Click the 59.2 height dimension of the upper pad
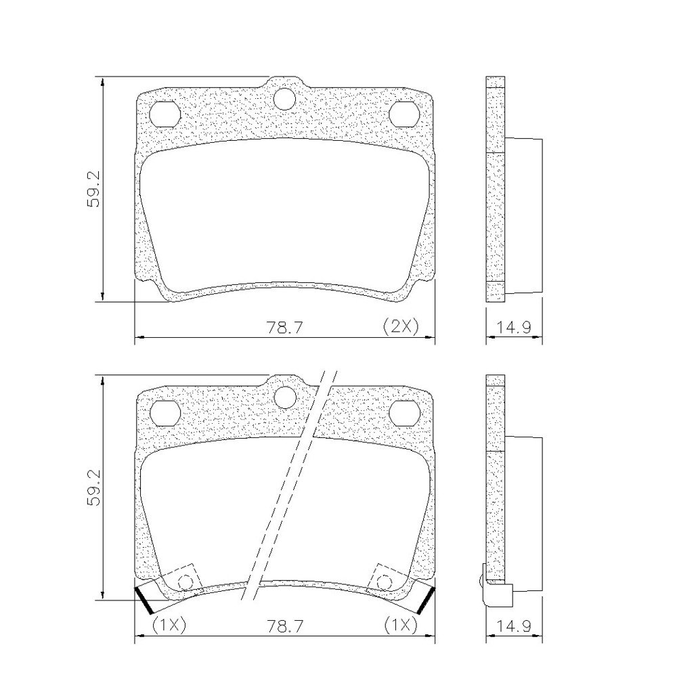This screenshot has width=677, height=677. pyautogui.click(x=93, y=189)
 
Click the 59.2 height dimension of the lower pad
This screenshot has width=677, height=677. pyautogui.click(x=93, y=487)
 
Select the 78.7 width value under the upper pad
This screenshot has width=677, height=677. pyautogui.click(x=284, y=328)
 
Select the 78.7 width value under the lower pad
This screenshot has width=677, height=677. pyautogui.click(x=284, y=626)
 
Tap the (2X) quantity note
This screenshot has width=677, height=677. pyautogui.click(x=401, y=326)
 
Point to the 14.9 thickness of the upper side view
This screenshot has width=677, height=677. pyautogui.click(x=512, y=328)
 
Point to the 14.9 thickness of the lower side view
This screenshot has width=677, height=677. pyautogui.click(x=512, y=626)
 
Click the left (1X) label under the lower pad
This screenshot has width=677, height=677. pyautogui.click(x=169, y=625)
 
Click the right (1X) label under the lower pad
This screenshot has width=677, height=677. pyautogui.click(x=400, y=625)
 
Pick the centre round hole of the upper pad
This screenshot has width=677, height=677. pyautogui.click(x=284, y=98)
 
